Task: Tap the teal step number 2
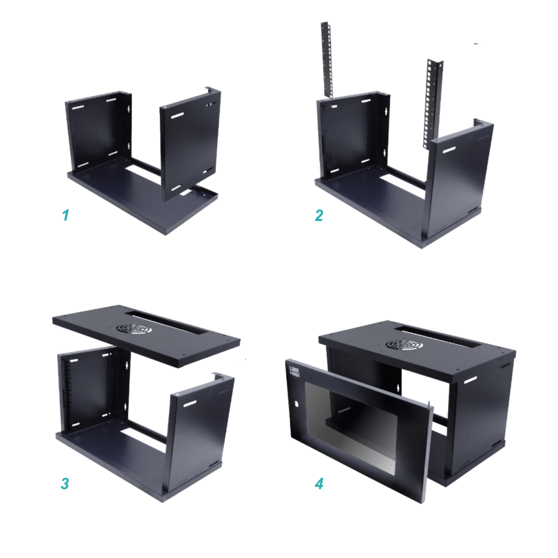pos(319,215)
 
